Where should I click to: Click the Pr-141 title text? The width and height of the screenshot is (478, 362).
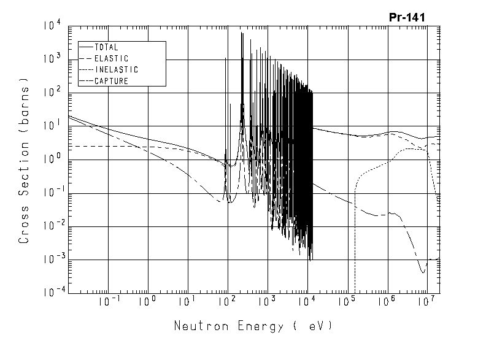click(407, 17)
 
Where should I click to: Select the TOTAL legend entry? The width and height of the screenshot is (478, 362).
click(107, 47)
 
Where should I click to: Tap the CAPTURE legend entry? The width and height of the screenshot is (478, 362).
click(112, 81)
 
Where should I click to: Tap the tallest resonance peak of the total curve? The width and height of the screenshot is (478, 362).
click(242, 33)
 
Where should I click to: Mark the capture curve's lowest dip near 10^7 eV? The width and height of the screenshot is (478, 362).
click(423, 272)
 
